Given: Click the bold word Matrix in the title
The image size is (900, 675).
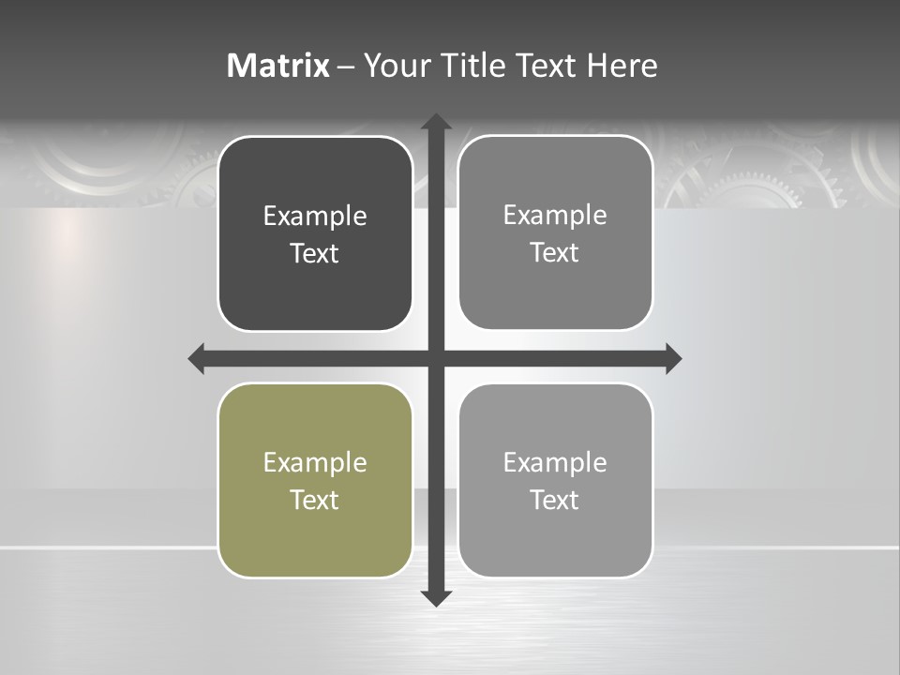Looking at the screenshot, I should [x=277, y=66].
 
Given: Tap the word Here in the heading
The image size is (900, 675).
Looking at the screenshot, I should [x=622, y=66].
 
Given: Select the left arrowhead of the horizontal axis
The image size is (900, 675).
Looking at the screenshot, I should [x=197, y=358].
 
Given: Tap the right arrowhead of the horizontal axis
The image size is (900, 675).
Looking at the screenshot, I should [x=672, y=358].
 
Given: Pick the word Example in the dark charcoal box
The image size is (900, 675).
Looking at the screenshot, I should [x=315, y=217].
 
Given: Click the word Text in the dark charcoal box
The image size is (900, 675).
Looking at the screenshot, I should [x=315, y=254].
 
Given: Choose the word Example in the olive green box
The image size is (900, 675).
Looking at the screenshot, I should [x=315, y=463].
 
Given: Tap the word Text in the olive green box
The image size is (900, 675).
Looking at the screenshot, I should [x=315, y=501].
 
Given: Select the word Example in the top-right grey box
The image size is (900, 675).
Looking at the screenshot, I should [x=555, y=216].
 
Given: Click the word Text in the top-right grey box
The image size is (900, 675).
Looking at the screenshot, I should [x=555, y=253].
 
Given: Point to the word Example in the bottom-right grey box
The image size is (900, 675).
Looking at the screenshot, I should [x=555, y=463].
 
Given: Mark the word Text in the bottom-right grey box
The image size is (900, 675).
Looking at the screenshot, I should [x=555, y=501].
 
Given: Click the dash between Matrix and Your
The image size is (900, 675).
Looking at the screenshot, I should [x=346, y=67].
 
